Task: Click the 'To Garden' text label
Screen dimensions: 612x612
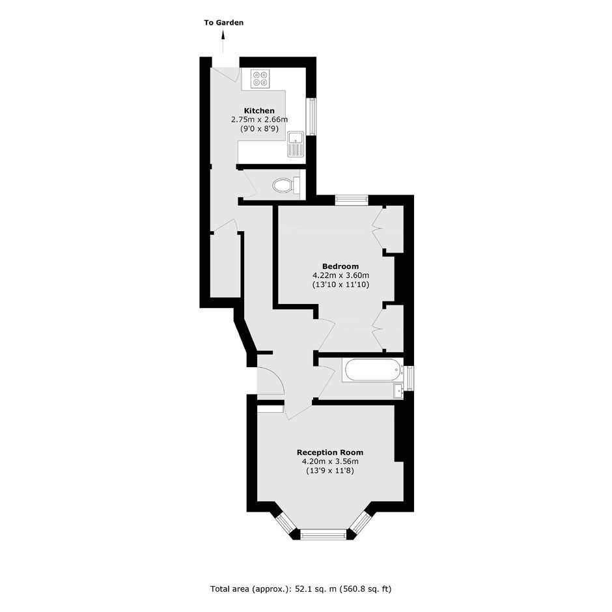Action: pos(224,23)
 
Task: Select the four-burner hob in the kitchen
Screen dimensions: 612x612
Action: pos(260,78)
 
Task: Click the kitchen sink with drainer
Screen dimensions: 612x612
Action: pos(296,144)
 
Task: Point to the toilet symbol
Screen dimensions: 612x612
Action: pos(287,186)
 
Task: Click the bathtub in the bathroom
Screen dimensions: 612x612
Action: pos(372,370)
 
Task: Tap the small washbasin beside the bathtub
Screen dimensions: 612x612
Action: pos(398,391)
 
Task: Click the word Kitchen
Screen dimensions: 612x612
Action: pos(259,111)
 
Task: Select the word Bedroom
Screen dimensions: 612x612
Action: pos(341,266)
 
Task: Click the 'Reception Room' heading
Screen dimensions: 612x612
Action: pos(330,452)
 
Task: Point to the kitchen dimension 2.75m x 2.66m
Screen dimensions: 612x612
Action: pos(260,119)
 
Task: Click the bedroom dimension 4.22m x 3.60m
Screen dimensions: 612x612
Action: pos(341,275)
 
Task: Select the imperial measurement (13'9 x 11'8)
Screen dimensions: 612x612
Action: pos(330,471)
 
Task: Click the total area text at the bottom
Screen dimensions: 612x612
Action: pos(301,589)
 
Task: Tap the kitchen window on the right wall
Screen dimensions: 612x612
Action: pos(311,117)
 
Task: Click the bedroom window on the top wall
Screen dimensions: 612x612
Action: pos(352,199)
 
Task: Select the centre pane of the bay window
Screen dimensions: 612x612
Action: pos(324,535)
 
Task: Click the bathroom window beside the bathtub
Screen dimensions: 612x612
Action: pos(409,378)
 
